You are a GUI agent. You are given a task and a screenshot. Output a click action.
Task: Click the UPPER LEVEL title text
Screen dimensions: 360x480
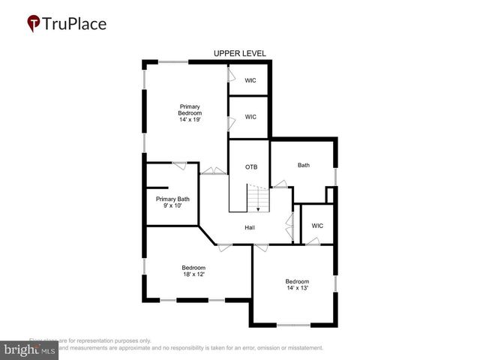coord(239,53)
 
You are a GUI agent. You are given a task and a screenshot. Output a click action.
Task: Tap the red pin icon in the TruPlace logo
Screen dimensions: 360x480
coord(34,24)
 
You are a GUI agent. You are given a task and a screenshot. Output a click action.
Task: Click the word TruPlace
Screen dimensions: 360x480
coord(73,24)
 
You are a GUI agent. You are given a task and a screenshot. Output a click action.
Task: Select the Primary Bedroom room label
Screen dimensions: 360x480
coord(190,109)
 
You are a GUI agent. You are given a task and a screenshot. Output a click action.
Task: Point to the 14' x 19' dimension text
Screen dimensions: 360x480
coord(190,119)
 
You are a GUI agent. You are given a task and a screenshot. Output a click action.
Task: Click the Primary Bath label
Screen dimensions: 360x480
coord(172,199)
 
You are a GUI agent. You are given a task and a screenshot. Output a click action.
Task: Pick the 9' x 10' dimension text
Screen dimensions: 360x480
coord(172,205)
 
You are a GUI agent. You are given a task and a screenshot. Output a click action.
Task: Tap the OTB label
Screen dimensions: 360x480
coord(251,166)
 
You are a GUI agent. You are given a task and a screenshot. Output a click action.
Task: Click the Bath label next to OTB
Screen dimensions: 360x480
coord(303,165)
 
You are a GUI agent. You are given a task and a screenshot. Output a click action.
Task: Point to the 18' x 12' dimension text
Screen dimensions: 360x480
coord(193,274)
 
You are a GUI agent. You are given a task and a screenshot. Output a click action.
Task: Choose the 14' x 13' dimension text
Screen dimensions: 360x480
coord(297,287)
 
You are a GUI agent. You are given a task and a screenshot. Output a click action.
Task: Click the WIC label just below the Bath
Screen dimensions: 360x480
coord(317,225)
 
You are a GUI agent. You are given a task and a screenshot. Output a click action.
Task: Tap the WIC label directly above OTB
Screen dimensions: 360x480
coord(250,117)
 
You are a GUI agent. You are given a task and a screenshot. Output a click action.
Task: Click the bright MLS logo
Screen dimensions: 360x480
coord(29,350)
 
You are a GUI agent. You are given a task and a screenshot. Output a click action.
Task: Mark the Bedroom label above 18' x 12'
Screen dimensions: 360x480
coord(193,268)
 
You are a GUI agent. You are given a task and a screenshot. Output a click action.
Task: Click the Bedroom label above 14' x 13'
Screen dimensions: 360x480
coord(297,281)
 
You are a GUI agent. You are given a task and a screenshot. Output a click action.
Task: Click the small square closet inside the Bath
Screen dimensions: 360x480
coord(328,195)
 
